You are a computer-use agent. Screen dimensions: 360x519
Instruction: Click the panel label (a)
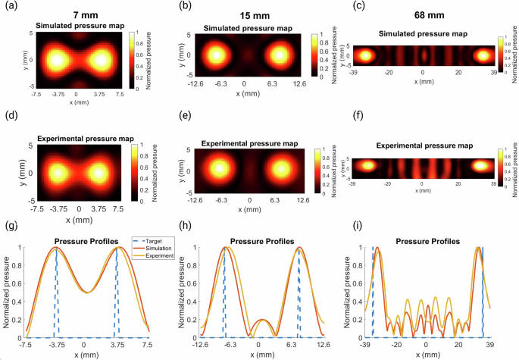pos(12,8)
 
